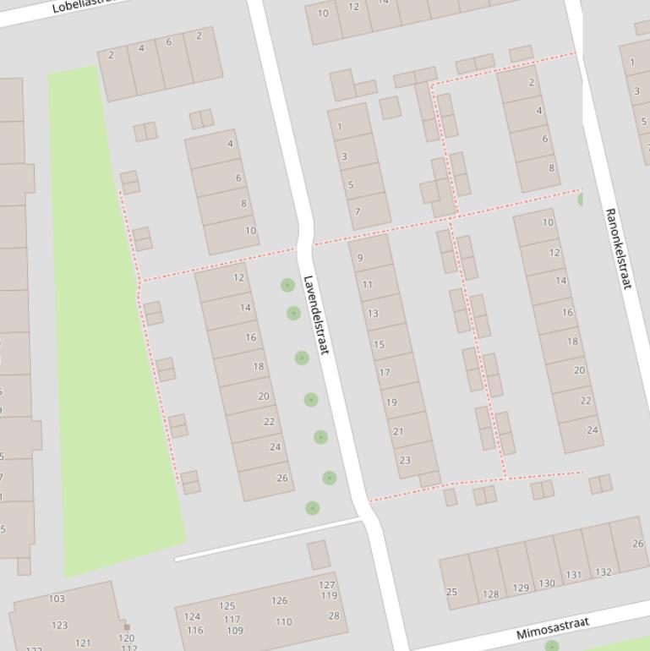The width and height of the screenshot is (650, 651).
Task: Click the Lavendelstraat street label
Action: [x=315, y=315]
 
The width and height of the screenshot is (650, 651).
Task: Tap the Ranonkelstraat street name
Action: [x=618, y=249]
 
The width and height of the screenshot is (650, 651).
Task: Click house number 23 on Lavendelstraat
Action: [x=405, y=461]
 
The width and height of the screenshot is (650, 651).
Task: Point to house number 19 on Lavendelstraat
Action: [x=391, y=402]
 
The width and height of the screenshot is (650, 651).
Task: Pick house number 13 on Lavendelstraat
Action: [x=373, y=313]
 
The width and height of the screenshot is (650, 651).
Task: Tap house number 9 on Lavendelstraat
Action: [x=360, y=258]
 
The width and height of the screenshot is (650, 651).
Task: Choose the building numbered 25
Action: [x=451, y=592]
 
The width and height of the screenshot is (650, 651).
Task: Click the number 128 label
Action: [x=491, y=594]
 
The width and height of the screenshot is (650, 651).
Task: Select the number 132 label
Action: [x=603, y=572]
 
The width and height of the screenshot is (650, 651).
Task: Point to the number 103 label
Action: [x=57, y=599]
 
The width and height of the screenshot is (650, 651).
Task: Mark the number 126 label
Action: [x=279, y=601]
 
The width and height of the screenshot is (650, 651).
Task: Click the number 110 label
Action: [x=283, y=622]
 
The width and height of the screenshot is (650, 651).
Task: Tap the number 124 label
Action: [x=193, y=617]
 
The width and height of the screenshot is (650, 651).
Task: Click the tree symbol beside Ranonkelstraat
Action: [x=582, y=200]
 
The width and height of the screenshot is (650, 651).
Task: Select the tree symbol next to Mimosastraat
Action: [x=551, y=647]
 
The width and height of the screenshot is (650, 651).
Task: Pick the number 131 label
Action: [x=574, y=575]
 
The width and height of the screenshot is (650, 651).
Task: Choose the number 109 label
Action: [x=234, y=630]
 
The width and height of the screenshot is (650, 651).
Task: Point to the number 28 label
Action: [x=333, y=615]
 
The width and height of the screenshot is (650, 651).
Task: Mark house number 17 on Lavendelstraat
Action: [x=385, y=372]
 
